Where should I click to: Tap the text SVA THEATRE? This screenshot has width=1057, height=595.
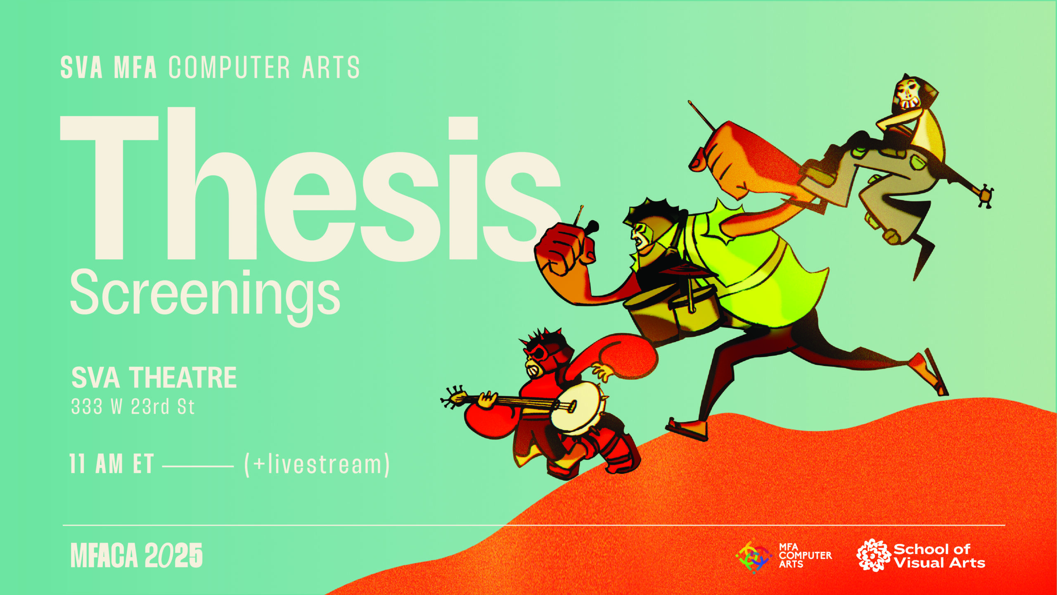click(x=154, y=378)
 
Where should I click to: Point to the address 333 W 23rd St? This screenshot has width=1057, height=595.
click(x=133, y=407)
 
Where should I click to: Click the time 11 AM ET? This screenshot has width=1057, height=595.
click(x=111, y=464)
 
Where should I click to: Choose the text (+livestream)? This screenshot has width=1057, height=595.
click(x=317, y=464)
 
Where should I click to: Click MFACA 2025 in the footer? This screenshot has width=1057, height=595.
click(x=137, y=555)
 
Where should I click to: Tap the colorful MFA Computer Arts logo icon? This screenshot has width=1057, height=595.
click(x=754, y=557)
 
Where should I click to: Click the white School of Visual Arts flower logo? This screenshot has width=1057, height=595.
click(x=873, y=555)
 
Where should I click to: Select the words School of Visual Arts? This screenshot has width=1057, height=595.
click(x=939, y=556)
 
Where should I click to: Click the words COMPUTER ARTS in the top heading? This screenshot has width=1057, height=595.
click(x=264, y=67)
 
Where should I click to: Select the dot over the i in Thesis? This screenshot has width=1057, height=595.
click(x=463, y=128)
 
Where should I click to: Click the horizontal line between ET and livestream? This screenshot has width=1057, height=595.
click(x=198, y=466)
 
